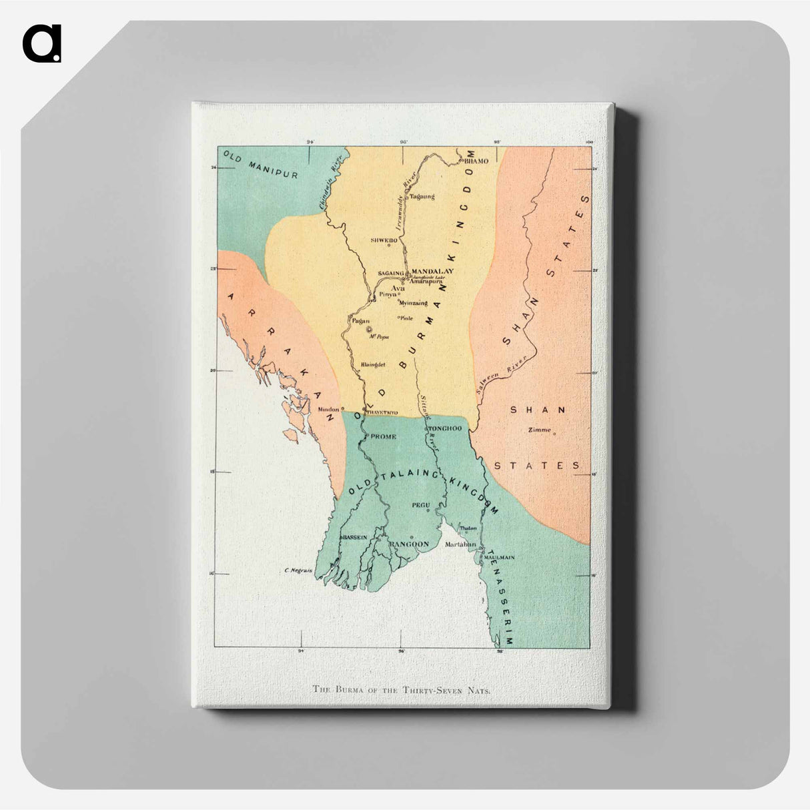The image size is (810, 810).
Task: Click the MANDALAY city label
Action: tap(432, 271)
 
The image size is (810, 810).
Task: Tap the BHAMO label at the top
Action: tap(476, 161)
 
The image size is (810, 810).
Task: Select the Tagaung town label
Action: tap(421, 196)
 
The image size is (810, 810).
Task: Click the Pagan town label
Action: tap(360, 321)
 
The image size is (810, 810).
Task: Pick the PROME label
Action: tap(383, 436)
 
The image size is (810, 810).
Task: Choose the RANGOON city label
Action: tap(408, 544)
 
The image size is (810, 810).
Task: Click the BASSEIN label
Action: tap(354, 536)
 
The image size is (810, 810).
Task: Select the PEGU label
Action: tap(420, 505)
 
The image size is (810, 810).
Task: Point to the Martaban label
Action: tap(460, 544)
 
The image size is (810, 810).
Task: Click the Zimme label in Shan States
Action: tap(539, 430)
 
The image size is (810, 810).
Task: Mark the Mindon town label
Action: tap(328, 409)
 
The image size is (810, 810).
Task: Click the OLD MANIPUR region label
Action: tap(260, 165)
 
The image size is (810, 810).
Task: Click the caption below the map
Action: tap(402, 689)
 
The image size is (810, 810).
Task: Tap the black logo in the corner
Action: tap(41, 44)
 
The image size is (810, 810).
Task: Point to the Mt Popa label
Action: tap(380, 337)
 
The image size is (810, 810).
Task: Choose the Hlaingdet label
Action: tap(373, 364)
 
